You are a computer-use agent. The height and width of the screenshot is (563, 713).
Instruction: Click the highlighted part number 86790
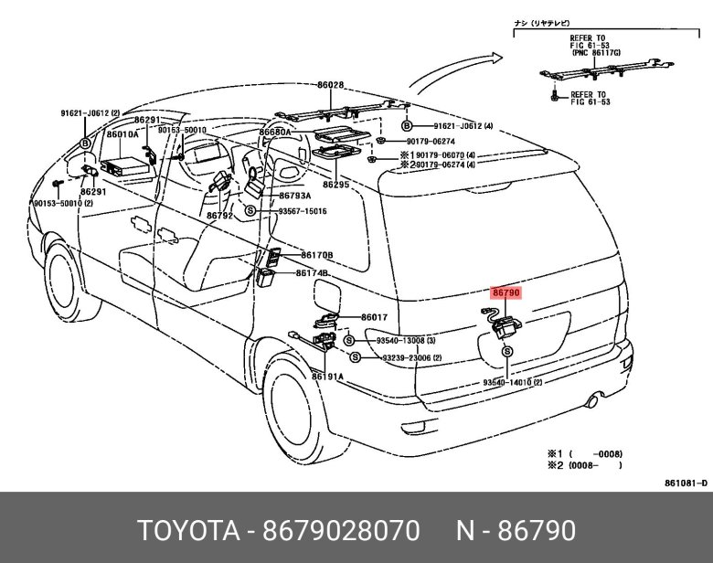505,293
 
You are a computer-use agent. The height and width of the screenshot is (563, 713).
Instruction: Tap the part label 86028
331,85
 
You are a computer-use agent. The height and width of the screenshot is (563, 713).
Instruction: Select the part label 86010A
122,134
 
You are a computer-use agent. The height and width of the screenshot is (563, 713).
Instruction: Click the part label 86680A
274,132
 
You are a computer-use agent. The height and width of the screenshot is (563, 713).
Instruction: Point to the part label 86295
336,185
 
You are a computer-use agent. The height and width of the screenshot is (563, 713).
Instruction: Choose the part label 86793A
295,196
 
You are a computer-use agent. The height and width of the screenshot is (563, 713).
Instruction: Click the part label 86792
219,216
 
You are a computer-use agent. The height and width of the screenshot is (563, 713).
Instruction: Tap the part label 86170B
317,255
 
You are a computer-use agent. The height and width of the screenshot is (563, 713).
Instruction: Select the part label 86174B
312,273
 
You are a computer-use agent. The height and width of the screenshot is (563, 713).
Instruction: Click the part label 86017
374,317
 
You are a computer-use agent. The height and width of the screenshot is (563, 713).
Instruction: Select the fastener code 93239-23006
411,357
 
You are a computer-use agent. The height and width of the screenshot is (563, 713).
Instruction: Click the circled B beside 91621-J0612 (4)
407,125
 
